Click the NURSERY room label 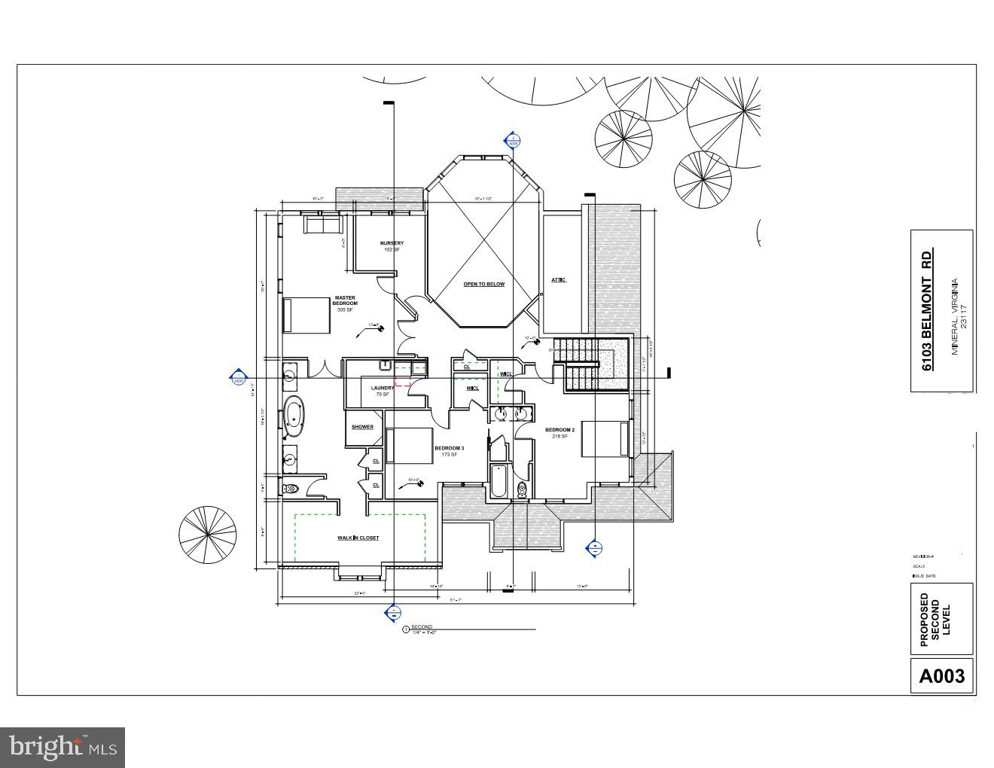(x=392, y=243)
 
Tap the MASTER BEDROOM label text (x=345, y=300)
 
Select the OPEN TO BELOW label (x=483, y=284)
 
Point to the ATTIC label (x=558, y=280)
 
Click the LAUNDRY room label (x=382, y=389)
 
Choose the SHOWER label (x=362, y=427)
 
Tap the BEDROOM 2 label (x=560, y=431)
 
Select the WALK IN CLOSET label (x=358, y=538)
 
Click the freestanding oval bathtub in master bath (x=294, y=416)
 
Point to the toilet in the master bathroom (x=291, y=489)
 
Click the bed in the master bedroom (x=306, y=315)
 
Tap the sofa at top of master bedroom (x=322, y=224)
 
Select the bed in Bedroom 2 (x=605, y=439)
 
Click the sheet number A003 (x=941, y=675)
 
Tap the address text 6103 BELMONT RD (x=928, y=309)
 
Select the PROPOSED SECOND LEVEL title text (x=935, y=620)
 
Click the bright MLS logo (x=63, y=747)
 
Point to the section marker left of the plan (x=238, y=378)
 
